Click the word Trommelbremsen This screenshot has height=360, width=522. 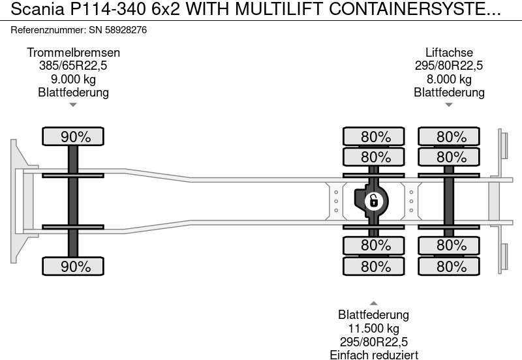pos(73,53)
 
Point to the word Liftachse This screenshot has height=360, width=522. pos(449,53)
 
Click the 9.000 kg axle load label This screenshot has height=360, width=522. pos(73,79)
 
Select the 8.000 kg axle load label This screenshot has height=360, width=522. pos(449,79)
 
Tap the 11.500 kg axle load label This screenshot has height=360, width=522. pos(373,329)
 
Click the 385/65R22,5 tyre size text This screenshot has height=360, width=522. pos(73,66)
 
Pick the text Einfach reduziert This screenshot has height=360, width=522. pos(373,354)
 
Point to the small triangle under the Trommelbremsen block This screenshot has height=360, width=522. pos(73,104)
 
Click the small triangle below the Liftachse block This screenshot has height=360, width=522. pos(449,104)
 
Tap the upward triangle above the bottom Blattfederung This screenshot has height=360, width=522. pos(373,303)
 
